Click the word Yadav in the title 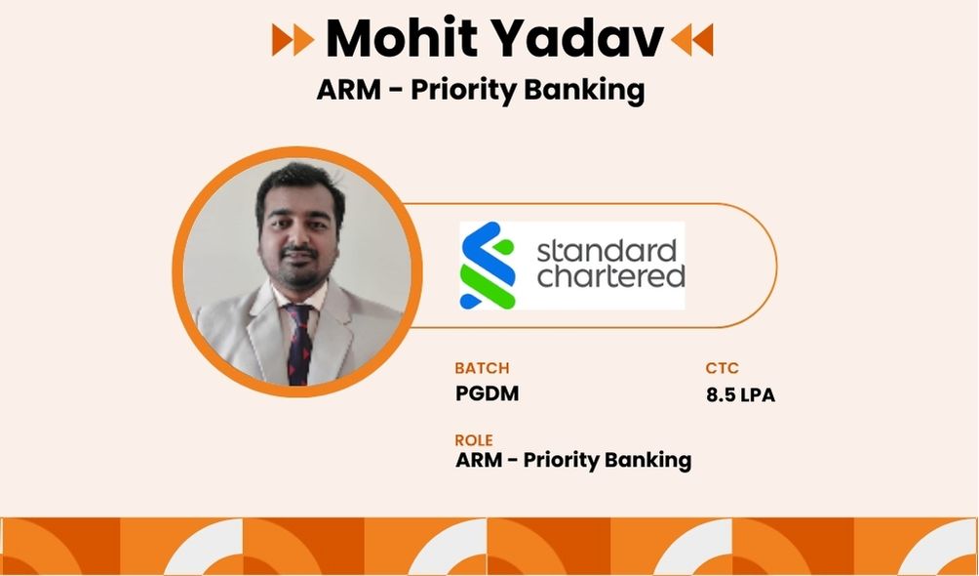point(571,39)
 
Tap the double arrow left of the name point(293,39)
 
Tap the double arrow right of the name point(691,39)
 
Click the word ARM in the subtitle point(348,90)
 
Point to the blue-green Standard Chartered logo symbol point(487,266)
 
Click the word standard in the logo point(607,251)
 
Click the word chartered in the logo point(610,276)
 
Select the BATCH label point(482,368)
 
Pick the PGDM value point(487,393)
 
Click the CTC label point(722,368)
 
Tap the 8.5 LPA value point(740,394)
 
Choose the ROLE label point(474,439)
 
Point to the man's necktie point(300,343)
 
